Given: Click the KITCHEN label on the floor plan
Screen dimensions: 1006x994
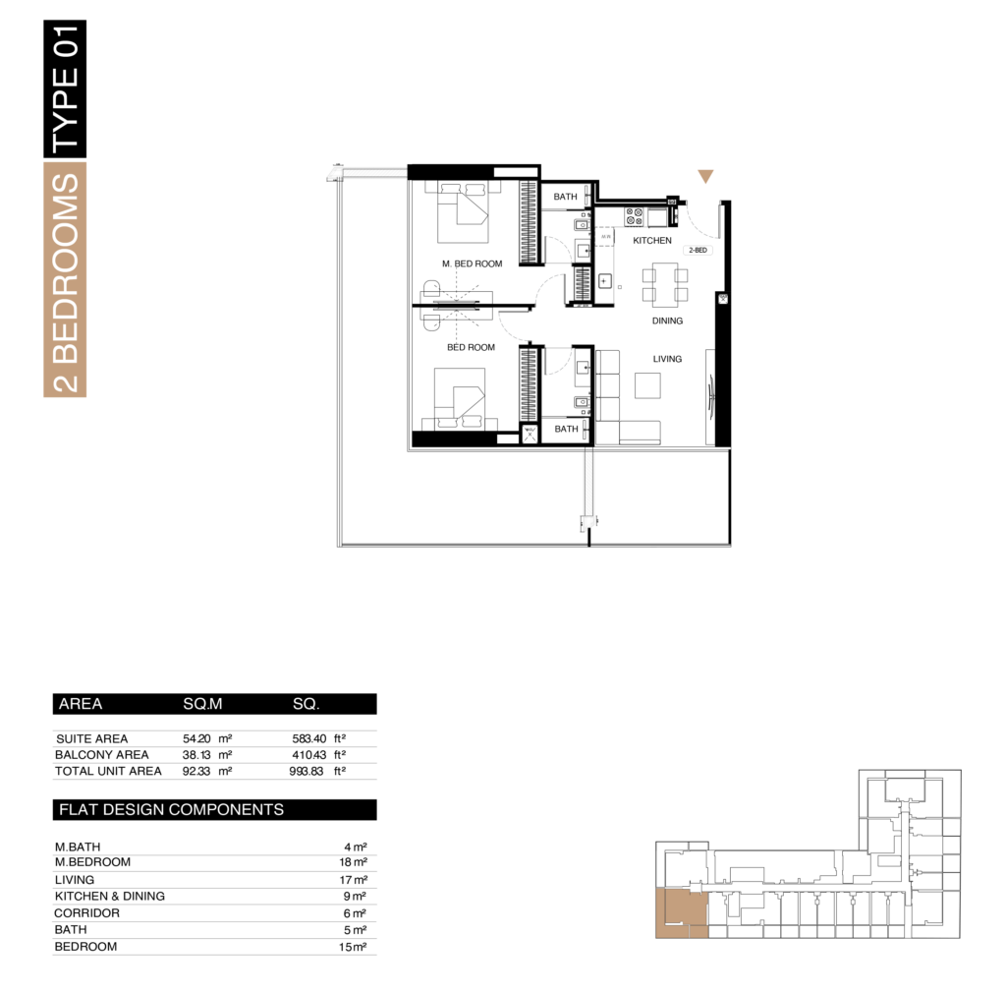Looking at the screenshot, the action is pyautogui.click(x=652, y=240).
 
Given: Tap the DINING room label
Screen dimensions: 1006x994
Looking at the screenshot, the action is pyautogui.click(x=667, y=321).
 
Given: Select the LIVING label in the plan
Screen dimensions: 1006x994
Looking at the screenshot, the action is pyautogui.click(x=667, y=359).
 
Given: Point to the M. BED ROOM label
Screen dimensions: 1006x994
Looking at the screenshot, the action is pyautogui.click(x=472, y=263).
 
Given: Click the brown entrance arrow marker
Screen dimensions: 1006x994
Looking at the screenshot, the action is pyautogui.click(x=705, y=176).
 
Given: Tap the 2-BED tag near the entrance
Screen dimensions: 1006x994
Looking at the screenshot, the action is pyautogui.click(x=699, y=250).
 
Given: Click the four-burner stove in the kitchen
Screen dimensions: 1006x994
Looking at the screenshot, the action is pyautogui.click(x=635, y=216).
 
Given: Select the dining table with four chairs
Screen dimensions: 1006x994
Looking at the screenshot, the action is pyautogui.click(x=665, y=284).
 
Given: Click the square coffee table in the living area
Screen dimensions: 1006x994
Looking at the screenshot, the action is pyautogui.click(x=647, y=385).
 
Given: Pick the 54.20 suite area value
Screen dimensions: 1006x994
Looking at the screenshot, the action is pyautogui.click(x=196, y=738).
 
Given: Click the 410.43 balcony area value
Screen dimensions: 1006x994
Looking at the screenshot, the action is pyautogui.click(x=308, y=754).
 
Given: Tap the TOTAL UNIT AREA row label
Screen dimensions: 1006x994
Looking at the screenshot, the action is pyautogui.click(x=108, y=771).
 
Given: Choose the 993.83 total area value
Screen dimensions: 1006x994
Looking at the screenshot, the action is pyautogui.click(x=307, y=771).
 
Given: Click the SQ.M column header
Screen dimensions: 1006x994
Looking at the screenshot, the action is pyautogui.click(x=202, y=704).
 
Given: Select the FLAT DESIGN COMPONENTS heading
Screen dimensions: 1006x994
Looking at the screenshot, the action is pyautogui.click(x=171, y=810).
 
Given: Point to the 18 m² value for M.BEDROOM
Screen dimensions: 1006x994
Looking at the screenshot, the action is pyautogui.click(x=353, y=862).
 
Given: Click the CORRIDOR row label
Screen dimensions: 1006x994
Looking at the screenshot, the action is pyautogui.click(x=86, y=913).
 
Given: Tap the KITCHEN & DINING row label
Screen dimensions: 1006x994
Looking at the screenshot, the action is pyautogui.click(x=110, y=896).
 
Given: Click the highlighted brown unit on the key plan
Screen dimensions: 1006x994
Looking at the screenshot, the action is pyautogui.click(x=682, y=913).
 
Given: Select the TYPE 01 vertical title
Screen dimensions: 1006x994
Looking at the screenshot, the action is pyautogui.click(x=65, y=88).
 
